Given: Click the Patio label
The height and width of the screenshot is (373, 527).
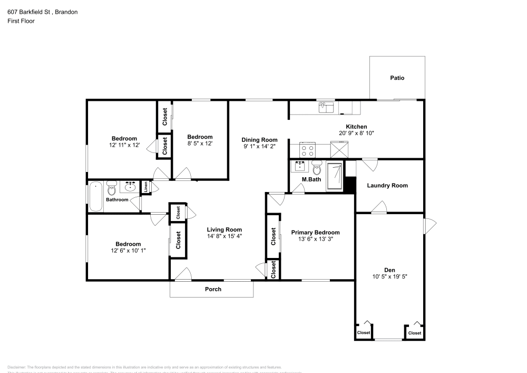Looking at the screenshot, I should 397,78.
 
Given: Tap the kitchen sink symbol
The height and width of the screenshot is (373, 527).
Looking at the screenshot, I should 327,108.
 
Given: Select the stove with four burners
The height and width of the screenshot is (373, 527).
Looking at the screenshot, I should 307,150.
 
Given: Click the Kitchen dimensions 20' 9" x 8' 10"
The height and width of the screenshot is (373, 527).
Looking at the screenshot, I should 356,133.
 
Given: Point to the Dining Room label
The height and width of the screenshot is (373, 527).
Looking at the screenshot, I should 259,140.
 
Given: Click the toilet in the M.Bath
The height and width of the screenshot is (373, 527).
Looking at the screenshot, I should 316,169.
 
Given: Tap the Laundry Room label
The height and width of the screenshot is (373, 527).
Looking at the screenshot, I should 387,185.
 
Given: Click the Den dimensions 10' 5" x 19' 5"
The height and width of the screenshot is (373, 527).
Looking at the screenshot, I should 389,276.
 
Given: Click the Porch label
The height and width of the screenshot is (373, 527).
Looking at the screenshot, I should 213,289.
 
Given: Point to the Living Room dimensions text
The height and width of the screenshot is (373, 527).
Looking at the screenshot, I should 224,236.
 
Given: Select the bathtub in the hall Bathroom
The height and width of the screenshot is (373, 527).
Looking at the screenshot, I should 95,197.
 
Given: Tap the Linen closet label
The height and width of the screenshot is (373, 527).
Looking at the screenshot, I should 145,187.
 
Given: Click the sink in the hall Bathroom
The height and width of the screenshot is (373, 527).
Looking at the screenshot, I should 129,186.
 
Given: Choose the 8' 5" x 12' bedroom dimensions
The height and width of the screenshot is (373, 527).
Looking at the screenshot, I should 200,144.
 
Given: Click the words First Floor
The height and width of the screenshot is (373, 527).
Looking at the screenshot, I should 21,21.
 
